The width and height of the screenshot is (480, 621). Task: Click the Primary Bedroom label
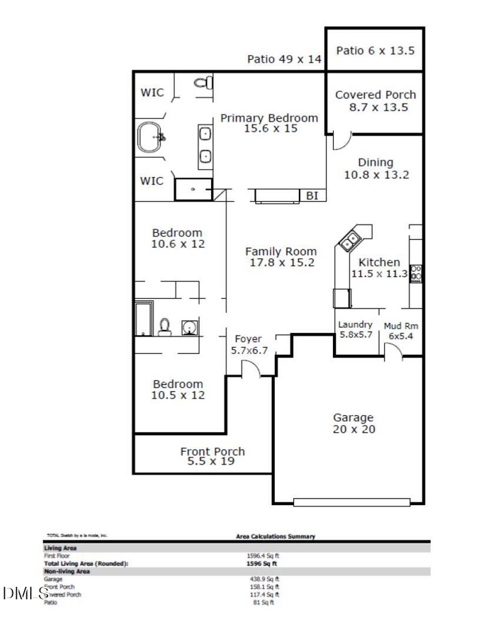coord(269,122)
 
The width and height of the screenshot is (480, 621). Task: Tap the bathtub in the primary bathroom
coord(151,137)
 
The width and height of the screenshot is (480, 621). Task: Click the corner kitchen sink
coord(349,241)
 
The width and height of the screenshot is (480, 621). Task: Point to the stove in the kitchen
coord(415,274)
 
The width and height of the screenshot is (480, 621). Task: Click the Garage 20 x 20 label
coord(353,423)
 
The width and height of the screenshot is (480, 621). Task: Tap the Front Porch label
coord(212,456)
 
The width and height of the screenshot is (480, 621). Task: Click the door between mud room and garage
coord(393,353)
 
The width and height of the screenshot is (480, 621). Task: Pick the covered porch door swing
coord(340,142)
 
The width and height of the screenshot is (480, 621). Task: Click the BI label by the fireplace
coord(312,196)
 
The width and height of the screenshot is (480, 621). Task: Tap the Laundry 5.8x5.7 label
coord(356,329)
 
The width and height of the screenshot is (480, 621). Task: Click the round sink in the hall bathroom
coord(190,328)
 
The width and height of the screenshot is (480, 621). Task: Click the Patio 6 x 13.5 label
coord(375,51)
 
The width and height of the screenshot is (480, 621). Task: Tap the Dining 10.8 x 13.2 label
coord(376,169)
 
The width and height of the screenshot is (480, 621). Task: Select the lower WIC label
coord(152,181)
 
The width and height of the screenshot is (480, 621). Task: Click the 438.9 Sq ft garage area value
coord(264,580)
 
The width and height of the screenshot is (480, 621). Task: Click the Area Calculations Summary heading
coord(277,536)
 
